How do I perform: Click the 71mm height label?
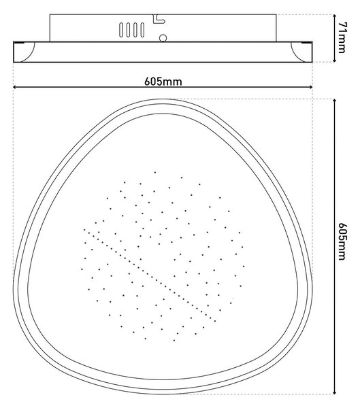pyautogui.click(x=342, y=37)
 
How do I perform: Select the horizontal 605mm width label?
pyautogui.click(x=163, y=82)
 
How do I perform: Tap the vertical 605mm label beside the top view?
pyautogui.click(x=342, y=241)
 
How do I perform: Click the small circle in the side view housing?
pyautogui.click(x=163, y=38)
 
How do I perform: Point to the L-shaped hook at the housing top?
pyautogui.click(x=159, y=19)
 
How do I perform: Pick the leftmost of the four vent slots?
pyautogui.click(x=121, y=30)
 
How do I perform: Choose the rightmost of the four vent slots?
pyautogui.click(x=142, y=30)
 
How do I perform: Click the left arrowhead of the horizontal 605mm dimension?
pyautogui.click(x=15, y=87)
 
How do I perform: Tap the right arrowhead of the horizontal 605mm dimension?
pyautogui.click(x=310, y=87)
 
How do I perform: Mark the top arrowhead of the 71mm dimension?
pyautogui.click(x=335, y=16)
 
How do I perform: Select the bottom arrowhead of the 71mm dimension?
pyautogui.click(x=335, y=60)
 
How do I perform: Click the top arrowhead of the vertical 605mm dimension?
pyautogui.click(x=335, y=101)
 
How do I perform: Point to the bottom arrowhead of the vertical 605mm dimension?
pyautogui.click(x=335, y=392)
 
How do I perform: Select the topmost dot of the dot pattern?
pyautogui.click(x=155, y=172)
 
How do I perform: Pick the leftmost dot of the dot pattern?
pyautogui.click(x=82, y=269)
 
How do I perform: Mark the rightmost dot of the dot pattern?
pyautogui.click(x=244, y=266)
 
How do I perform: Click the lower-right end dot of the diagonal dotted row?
pyautogui.click(x=215, y=321)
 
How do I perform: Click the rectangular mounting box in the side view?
pyautogui.click(x=163, y=28)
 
